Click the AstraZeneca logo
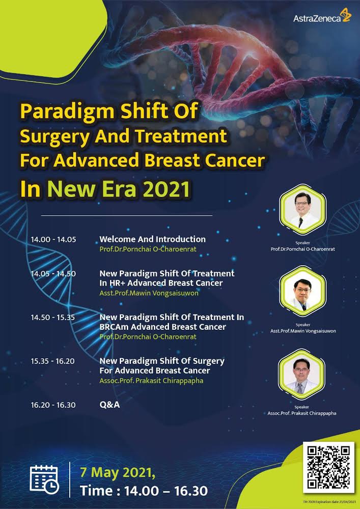tap(322, 17)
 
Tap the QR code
tap(328, 467)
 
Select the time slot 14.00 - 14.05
tap(53, 240)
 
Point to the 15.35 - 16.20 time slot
tap(53, 361)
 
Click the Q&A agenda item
tap(109, 405)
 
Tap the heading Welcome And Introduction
tap(152, 239)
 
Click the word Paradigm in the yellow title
tap(67, 111)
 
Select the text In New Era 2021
tap(105, 189)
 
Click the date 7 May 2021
tap(118, 473)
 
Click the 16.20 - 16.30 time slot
tap(53, 405)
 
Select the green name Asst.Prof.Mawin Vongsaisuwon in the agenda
tap(149, 293)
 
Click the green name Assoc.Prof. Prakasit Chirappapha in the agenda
tap(151, 380)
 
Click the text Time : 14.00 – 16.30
tap(144, 491)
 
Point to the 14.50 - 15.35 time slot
tap(53, 318)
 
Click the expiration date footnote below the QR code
tap(330, 502)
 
